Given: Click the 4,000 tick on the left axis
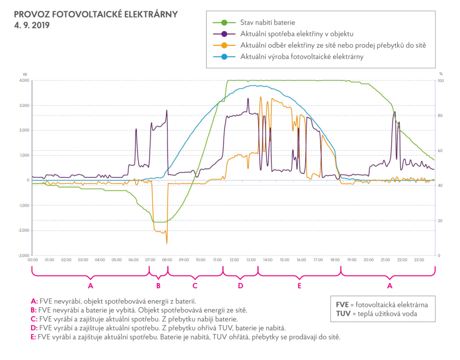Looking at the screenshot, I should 24,81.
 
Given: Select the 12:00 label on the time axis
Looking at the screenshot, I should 234,260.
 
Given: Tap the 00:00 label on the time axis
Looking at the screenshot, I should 32,260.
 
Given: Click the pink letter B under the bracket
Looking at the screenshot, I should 158,285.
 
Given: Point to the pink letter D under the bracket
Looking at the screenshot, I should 240,285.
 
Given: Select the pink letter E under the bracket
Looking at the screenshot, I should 299,285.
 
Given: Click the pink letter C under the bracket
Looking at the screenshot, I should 195,285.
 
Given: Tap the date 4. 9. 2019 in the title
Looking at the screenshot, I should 31,25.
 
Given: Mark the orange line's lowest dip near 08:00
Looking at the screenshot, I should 167,243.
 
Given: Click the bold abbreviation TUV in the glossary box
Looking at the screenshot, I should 343,314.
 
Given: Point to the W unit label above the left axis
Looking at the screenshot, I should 25,74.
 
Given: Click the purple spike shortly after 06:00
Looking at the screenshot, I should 136,129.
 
